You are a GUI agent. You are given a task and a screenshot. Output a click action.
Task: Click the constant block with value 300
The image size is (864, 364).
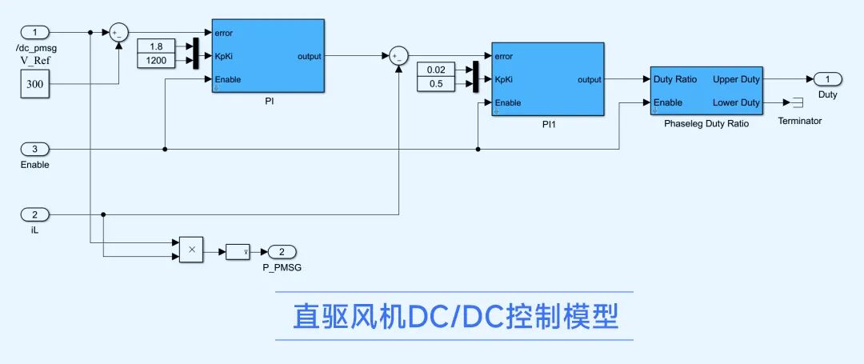pyautogui.click(x=35, y=83)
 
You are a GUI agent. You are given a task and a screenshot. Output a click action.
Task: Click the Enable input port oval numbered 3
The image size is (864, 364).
pyautogui.click(x=34, y=149)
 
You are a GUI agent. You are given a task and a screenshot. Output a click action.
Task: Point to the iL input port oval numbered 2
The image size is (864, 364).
pyautogui.click(x=34, y=214)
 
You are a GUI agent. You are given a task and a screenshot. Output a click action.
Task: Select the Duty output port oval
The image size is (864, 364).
pyautogui.click(x=827, y=78)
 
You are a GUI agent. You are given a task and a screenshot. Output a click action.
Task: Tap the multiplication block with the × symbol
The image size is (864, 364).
pyautogui.click(x=191, y=250)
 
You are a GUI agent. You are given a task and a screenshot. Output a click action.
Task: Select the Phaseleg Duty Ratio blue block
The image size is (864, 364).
pyautogui.click(x=706, y=90)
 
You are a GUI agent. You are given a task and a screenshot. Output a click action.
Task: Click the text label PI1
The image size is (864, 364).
pyautogui.click(x=547, y=126)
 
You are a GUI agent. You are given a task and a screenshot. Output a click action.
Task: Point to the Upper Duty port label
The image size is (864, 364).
pyautogui.click(x=736, y=79)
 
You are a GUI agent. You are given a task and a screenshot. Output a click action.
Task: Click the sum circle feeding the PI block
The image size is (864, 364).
pyautogui.click(x=118, y=32)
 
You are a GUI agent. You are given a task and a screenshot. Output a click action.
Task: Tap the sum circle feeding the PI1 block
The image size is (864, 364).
pyautogui.click(x=398, y=55)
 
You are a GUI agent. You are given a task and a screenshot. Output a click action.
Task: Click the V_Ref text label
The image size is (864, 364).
pyautogui.click(x=34, y=59)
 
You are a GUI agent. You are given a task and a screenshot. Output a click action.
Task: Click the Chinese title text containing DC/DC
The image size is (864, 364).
pyautogui.click(x=454, y=317)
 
